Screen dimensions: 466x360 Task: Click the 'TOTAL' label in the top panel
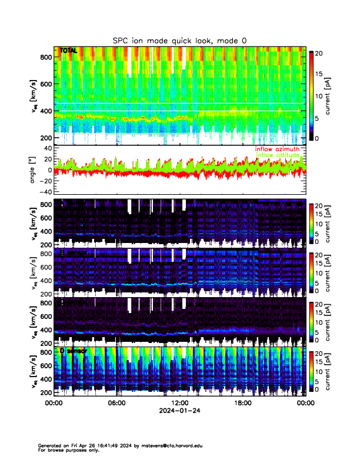click(x=68, y=51)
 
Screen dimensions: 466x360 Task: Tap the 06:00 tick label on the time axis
click(x=116, y=403)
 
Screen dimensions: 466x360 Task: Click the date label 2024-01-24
click(x=179, y=411)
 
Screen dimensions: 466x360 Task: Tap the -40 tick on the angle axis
click(x=44, y=192)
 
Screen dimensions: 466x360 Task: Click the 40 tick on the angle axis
click(x=46, y=148)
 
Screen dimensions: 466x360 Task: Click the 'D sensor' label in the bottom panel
click(x=73, y=351)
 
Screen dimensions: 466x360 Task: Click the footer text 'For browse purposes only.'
click(x=67, y=450)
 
